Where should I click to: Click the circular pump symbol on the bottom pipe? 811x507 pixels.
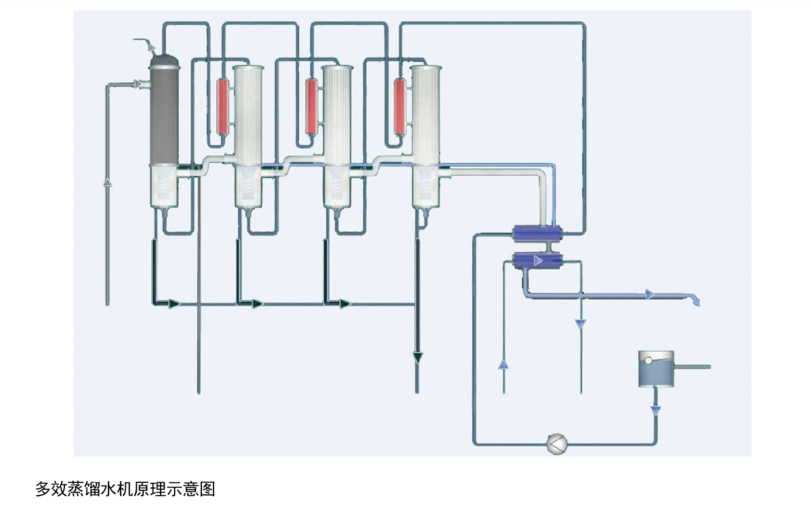(556, 444)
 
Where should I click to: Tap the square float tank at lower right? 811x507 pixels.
(656, 369)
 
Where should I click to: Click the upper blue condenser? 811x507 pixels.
(537, 233)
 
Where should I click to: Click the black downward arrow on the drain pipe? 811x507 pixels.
(418, 358)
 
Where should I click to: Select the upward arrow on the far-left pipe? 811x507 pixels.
(108, 183)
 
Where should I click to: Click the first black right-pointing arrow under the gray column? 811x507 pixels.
(174, 303)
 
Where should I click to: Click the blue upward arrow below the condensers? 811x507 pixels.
(503, 364)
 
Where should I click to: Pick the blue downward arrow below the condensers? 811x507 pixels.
(581, 324)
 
